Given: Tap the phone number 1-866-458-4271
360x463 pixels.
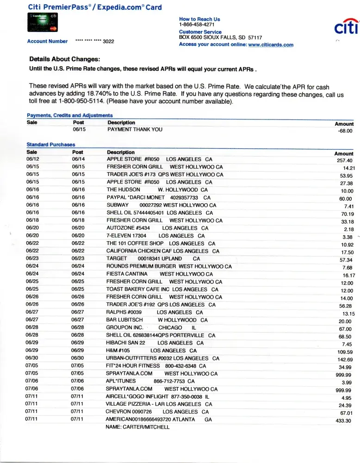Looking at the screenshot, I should click(x=197, y=25).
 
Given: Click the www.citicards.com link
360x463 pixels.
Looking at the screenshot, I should click(x=271, y=45).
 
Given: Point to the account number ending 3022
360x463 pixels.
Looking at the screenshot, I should click(x=95, y=41).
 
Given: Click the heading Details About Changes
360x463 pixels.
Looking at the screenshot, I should click(x=64, y=59).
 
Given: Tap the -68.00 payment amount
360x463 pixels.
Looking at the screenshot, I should click(x=345, y=131).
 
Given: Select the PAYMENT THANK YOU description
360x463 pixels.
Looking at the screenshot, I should click(x=135, y=130).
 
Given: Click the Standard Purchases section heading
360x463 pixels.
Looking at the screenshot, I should click(x=51, y=145).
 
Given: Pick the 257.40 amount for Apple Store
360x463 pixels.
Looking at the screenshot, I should click(x=345, y=160).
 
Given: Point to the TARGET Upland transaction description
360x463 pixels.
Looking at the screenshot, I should click(x=153, y=258).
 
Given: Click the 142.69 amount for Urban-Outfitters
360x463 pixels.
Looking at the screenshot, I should click(x=345, y=360).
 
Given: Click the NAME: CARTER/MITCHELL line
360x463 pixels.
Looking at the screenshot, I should click(x=137, y=427).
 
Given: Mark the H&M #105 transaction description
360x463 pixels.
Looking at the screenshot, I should click(x=151, y=350).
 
